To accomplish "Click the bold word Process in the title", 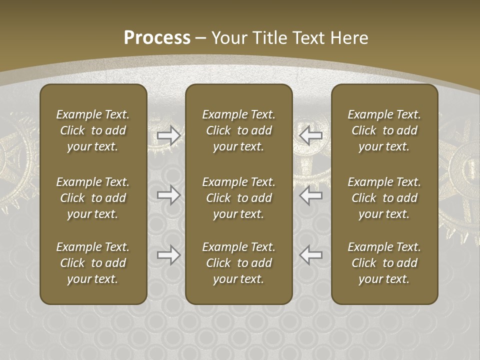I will [x=157, y=38].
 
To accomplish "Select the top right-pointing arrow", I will [x=169, y=135].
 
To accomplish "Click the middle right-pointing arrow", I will [x=169, y=195].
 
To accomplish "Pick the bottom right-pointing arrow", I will [x=169, y=255].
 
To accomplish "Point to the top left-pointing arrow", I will [x=311, y=135].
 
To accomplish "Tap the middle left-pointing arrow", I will [x=311, y=195].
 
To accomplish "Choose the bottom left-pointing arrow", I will [x=311, y=255].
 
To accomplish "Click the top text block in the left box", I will [x=93, y=130].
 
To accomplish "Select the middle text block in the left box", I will [x=93, y=198].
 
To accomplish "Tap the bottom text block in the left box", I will [x=93, y=263].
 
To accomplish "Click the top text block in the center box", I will [x=239, y=130].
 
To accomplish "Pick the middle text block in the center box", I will [x=239, y=198].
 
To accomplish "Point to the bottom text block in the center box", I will [x=239, y=263].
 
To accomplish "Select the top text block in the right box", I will [x=384, y=130].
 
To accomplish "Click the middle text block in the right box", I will [x=384, y=198].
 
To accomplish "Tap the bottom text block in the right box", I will [x=384, y=263].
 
